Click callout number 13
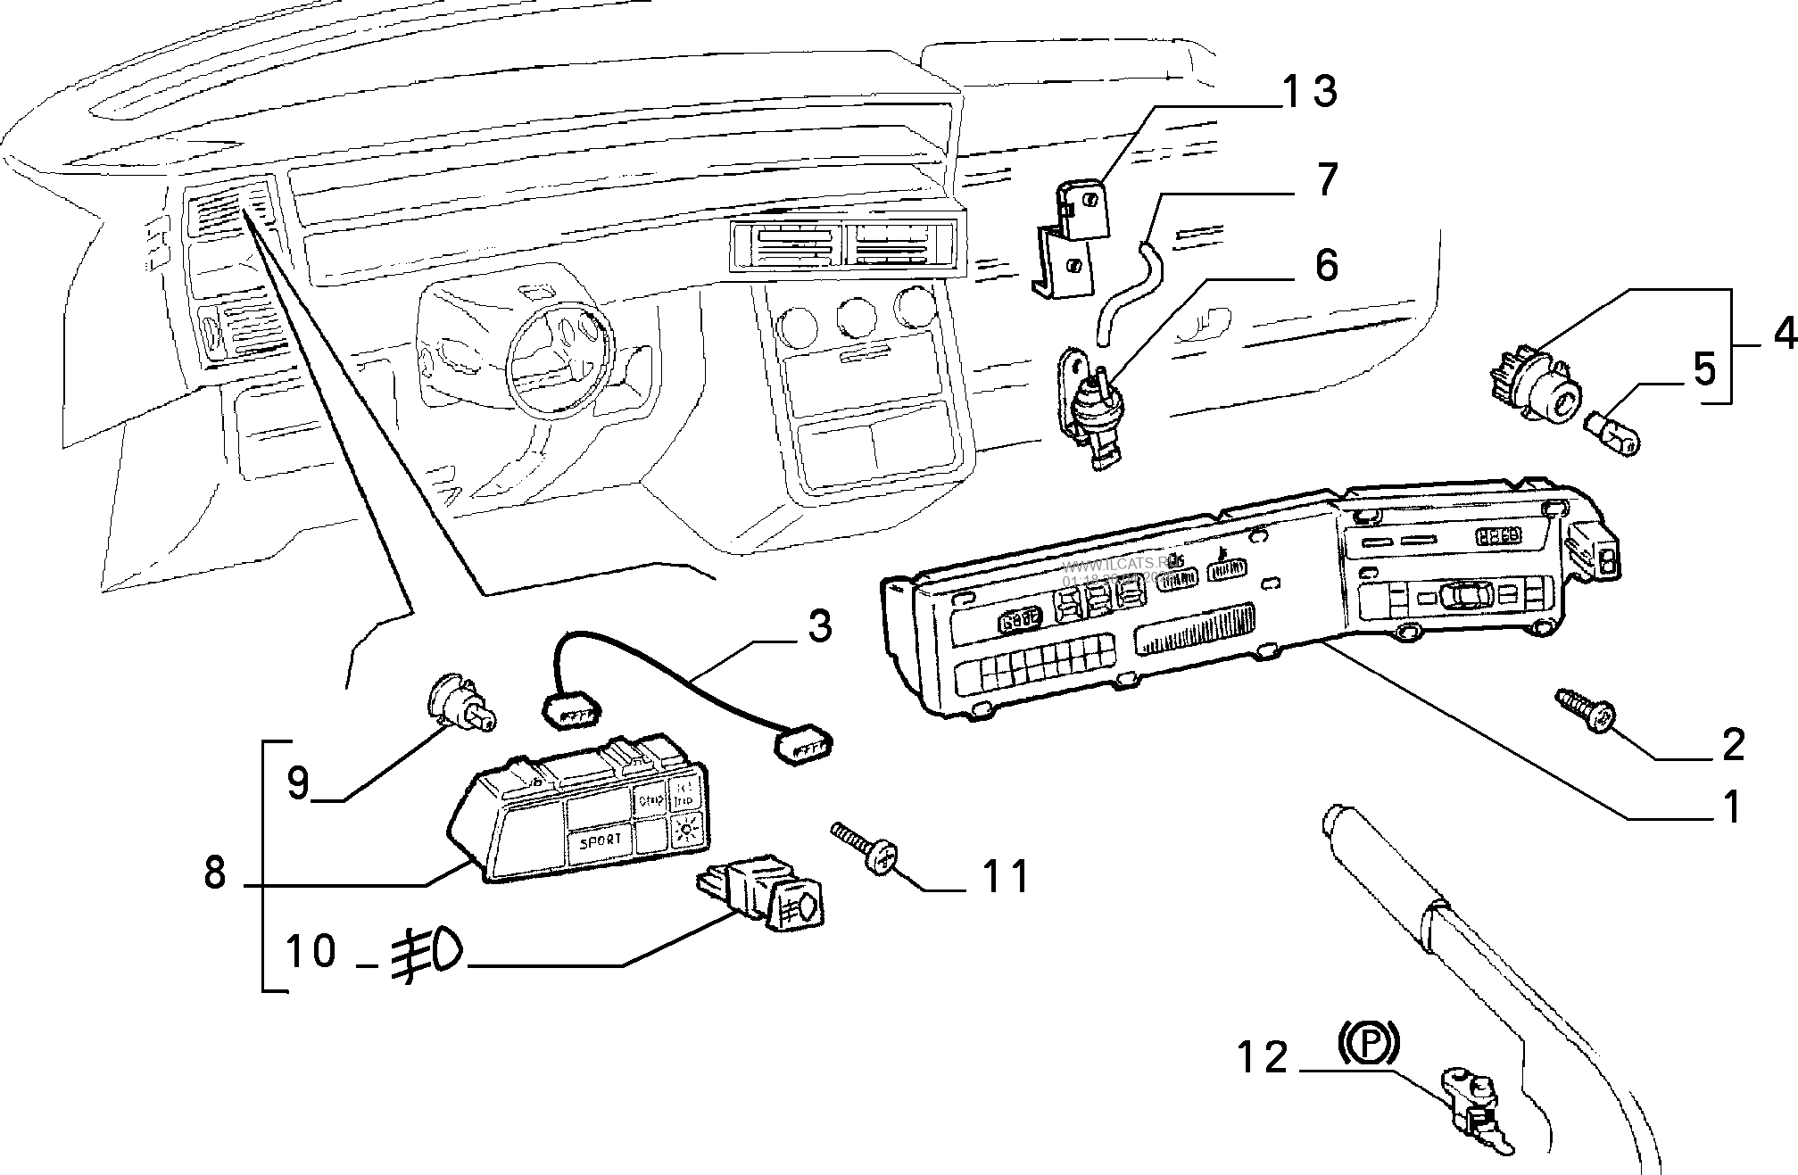click(1309, 92)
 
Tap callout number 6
click(1327, 265)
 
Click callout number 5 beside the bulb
click(1704, 368)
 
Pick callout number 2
click(1732, 744)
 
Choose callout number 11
click(1005, 876)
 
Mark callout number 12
click(1263, 1057)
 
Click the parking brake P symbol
click(1368, 1045)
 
